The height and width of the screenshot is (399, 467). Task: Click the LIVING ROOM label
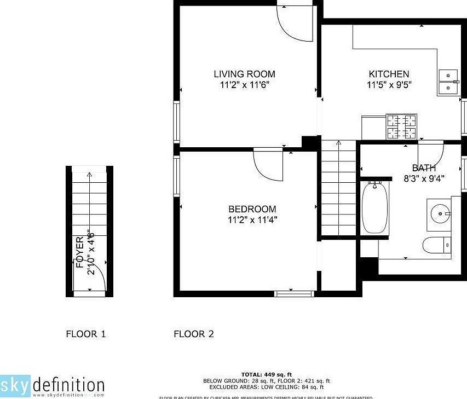244,74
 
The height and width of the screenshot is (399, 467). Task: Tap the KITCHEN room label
389,74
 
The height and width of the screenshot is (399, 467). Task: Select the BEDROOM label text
252,209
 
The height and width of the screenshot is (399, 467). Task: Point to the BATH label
424,168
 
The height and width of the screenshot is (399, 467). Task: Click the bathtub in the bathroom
375,208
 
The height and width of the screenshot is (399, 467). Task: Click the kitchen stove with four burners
401,127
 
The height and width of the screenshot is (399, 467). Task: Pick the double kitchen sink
448,82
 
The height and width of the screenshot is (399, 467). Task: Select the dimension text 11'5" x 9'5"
389,85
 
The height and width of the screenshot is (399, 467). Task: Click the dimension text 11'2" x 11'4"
252,220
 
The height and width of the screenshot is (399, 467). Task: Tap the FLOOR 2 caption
193,334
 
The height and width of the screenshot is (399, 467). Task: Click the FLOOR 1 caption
85,334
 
